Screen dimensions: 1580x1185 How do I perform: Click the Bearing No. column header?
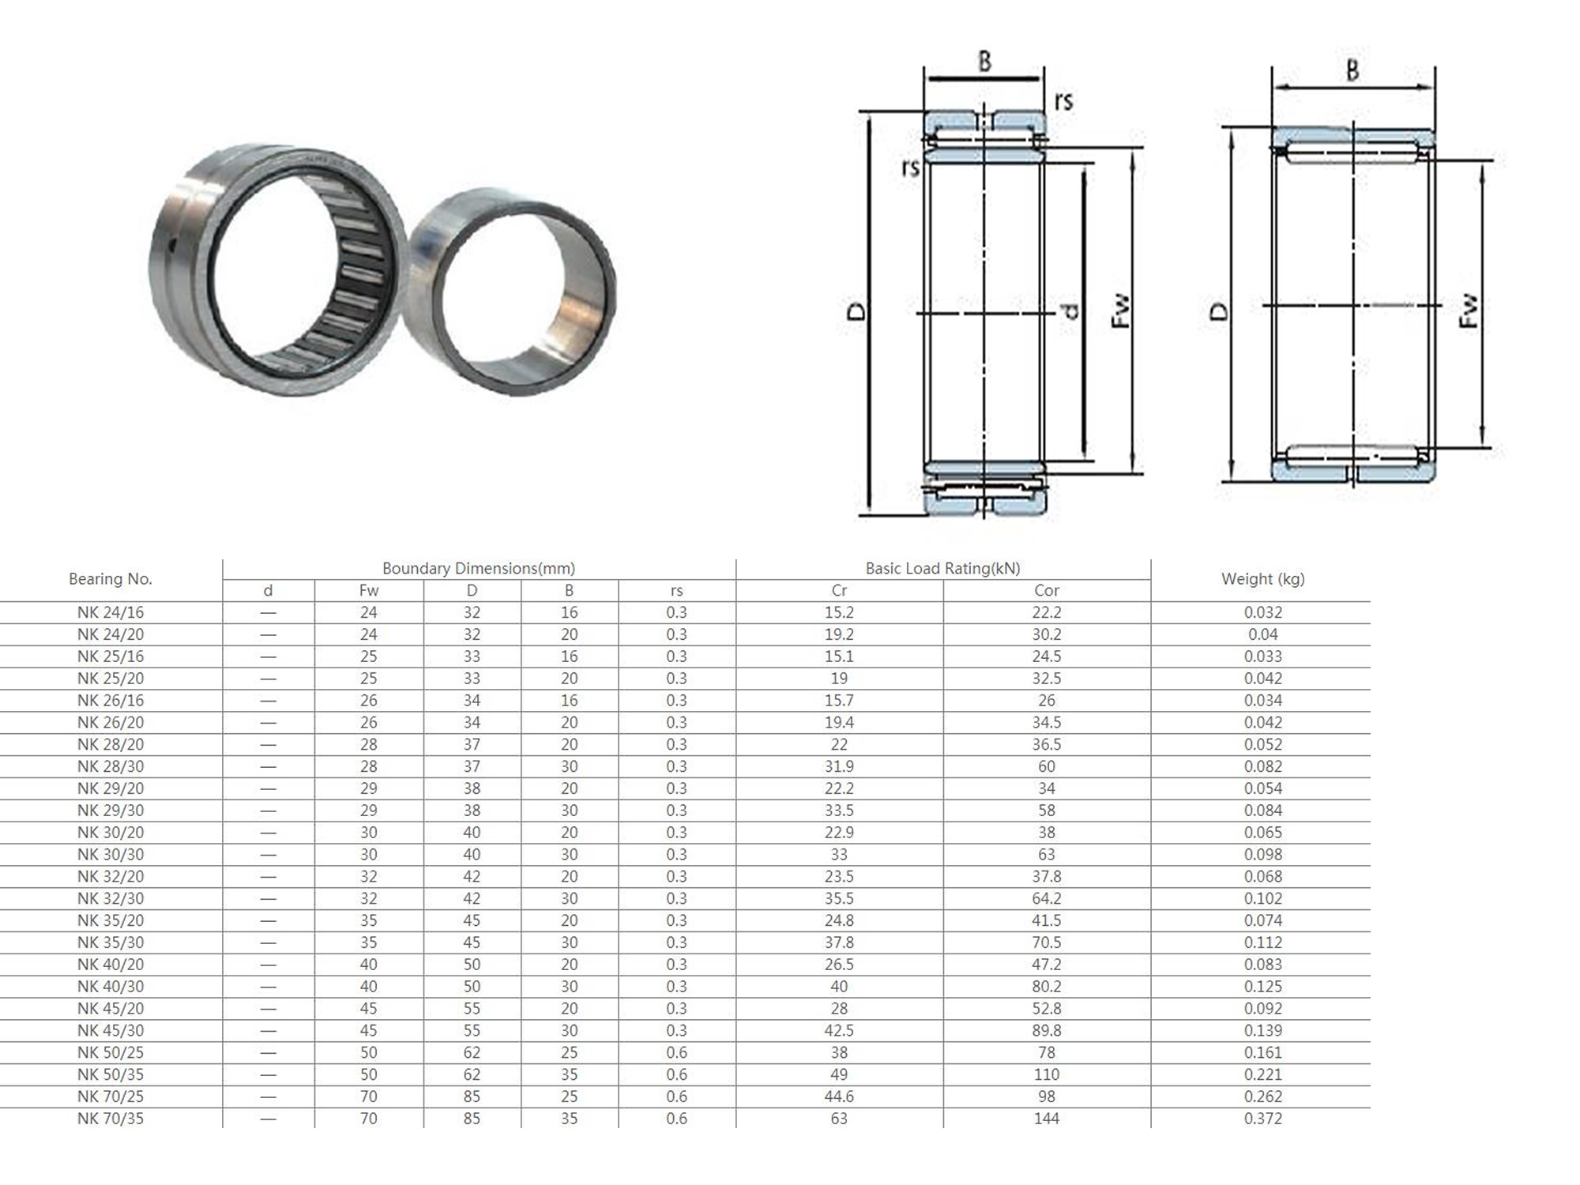[110, 579]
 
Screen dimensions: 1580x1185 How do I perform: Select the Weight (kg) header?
[1262, 579]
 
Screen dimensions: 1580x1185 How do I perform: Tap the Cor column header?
[1047, 591]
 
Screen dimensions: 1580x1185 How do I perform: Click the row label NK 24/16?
[111, 612]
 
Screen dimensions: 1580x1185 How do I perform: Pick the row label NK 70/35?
[111, 1119]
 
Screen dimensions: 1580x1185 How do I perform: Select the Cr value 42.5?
[839, 1030]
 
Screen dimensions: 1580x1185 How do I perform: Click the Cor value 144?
[1047, 1119]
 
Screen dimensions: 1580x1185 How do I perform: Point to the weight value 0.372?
[1262, 1119]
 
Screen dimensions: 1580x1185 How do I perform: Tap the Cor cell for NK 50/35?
[1047, 1074]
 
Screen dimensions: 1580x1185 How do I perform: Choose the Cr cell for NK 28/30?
[839, 766]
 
